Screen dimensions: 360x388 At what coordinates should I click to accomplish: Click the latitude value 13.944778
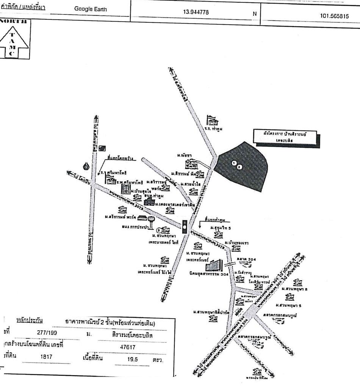(195, 12)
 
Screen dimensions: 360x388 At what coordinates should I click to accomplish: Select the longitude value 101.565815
(334, 17)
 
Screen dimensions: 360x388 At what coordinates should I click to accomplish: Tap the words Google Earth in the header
(91, 9)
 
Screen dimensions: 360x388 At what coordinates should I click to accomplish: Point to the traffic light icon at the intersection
(185, 226)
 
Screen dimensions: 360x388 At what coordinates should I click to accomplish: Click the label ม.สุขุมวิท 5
(218, 228)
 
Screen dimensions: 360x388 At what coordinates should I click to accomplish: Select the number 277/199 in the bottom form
(47, 332)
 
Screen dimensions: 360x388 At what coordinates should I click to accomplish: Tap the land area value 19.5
(132, 359)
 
